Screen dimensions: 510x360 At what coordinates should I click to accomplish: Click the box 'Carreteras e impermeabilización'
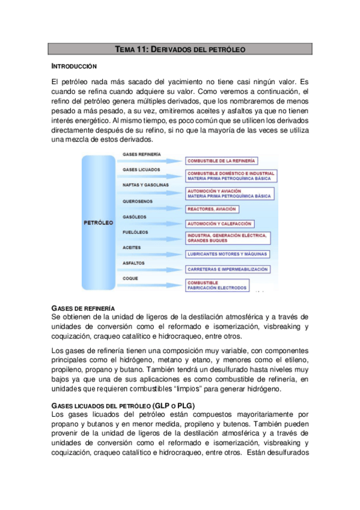(x=227, y=269)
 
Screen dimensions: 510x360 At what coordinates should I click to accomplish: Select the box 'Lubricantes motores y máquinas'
(x=227, y=254)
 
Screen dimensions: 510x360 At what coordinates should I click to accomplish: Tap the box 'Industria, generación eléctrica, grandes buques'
(x=227, y=238)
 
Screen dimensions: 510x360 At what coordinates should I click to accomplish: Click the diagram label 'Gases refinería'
(x=141, y=155)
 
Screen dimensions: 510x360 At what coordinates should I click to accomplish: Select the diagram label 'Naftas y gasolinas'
(x=145, y=185)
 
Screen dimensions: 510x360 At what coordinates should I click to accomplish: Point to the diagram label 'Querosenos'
(x=138, y=201)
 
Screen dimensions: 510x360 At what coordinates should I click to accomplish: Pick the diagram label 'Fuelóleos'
(x=136, y=232)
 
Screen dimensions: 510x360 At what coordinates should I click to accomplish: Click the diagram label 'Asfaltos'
(x=133, y=263)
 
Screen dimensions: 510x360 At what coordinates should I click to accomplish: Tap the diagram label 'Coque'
(x=130, y=278)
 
